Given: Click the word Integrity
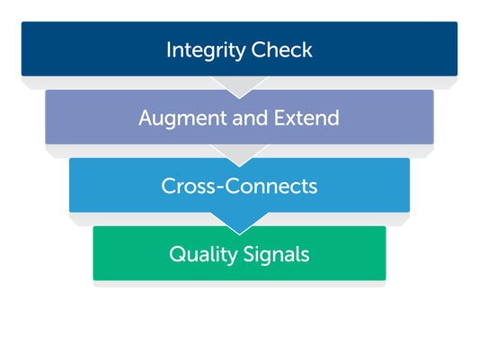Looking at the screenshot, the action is (x=206, y=50).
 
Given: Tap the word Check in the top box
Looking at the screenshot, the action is (x=281, y=49).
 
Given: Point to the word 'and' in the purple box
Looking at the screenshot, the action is (x=250, y=118).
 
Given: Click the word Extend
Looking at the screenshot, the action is (x=306, y=118).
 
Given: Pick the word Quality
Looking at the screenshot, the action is (x=203, y=255).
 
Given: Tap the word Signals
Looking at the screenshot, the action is (x=277, y=255).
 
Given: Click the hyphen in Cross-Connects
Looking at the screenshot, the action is (x=220, y=188).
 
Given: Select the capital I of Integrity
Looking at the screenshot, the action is (x=168, y=49).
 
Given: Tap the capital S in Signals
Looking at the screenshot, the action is (x=249, y=254).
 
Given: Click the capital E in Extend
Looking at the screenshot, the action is (x=279, y=118).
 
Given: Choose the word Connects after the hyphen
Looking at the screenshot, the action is (x=271, y=186).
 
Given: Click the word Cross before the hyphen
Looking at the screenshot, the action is (x=189, y=186).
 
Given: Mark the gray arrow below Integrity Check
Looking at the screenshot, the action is (x=239, y=87).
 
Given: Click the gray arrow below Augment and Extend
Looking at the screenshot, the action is (x=239, y=155).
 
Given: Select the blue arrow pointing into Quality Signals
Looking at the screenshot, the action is (x=239, y=224).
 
